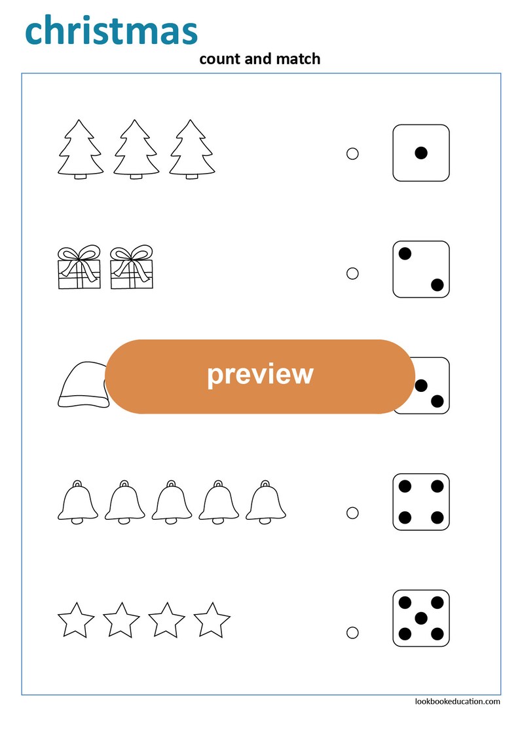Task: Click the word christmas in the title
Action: [x=111, y=31]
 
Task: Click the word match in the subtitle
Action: [x=301, y=59]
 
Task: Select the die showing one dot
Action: [x=420, y=153]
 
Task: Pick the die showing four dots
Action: [x=420, y=501]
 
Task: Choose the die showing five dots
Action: [x=420, y=618]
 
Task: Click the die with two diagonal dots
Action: [x=420, y=269]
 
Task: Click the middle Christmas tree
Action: [x=136, y=149]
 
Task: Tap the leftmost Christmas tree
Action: [x=81, y=149]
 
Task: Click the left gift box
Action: [x=79, y=269]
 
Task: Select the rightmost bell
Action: [x=267, y=503]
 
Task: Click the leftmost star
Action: [x=77, y=621]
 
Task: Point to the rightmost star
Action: [x=212, y=621]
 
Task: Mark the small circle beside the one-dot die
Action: [x=352, y=154]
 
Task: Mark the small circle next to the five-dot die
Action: [x=352, y=632]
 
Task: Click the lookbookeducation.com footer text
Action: [x=457, y=701]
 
